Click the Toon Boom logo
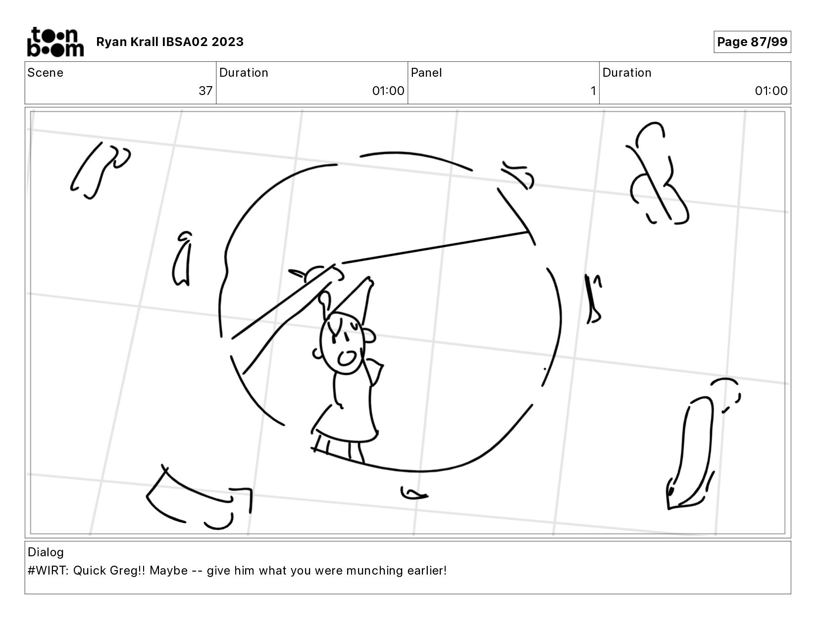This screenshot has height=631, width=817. tap(55, 42)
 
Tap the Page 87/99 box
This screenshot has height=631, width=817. tap(752, 42)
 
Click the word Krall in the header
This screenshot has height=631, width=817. tap(144, 42)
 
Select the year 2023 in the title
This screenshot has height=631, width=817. tap(227, 42)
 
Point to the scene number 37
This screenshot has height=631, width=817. tap(205, 91)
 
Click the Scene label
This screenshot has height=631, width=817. tap(46, 73)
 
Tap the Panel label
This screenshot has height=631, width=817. tap(426, 73)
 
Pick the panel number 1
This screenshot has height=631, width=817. tap(593, 91)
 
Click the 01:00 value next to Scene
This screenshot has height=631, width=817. tap(388, 91)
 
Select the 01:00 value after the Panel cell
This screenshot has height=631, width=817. tap(771, 91)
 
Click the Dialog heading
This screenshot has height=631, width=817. tap(46, 552)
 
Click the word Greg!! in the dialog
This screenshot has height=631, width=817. tap(127, 571)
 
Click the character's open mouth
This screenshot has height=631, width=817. tap(346, 358)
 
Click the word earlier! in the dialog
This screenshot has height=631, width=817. tap(427, 571)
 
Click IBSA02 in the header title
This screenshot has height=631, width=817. tap(185, 42)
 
